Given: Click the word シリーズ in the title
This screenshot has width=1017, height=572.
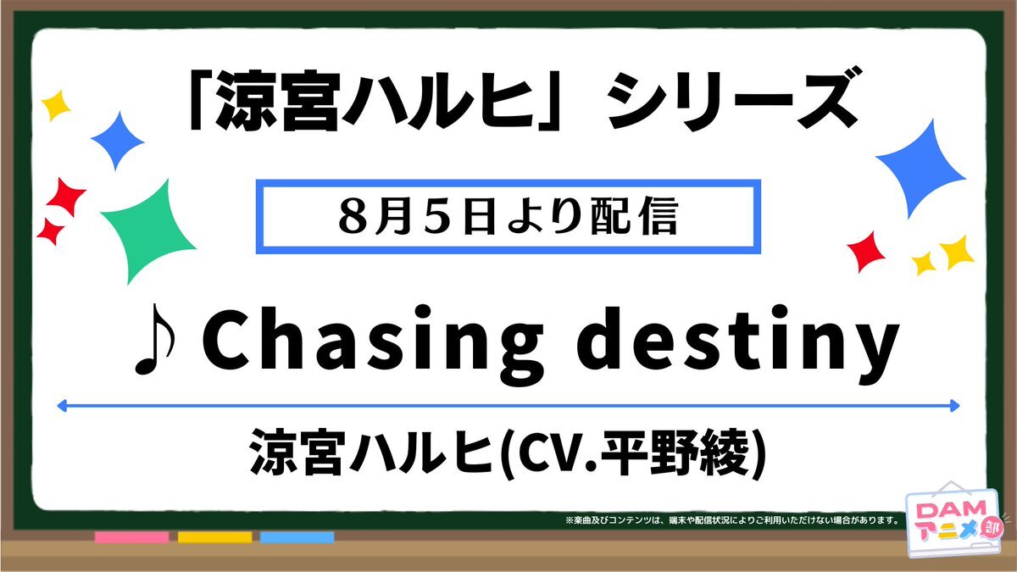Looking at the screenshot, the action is (732, 100).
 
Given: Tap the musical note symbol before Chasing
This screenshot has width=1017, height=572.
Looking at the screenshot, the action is (155, 340).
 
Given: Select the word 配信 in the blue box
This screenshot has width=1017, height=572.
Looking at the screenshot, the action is (634, 217).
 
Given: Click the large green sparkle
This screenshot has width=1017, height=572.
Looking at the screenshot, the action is (148, 231).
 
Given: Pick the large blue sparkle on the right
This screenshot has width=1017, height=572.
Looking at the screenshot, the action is (920, 169).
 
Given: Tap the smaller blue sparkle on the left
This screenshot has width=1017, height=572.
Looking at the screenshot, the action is (118, 141).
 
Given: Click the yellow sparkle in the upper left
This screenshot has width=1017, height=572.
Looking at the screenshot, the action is (56, 105).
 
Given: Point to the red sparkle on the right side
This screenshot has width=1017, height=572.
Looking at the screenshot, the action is (866, 252).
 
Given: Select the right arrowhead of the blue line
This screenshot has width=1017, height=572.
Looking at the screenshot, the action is (954, 406).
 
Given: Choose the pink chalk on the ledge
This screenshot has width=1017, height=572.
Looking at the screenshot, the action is (131, 537).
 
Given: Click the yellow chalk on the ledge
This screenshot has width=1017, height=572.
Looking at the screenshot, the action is (214, 537).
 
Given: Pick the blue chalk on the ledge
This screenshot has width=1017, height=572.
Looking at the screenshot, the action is (297, 537).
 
